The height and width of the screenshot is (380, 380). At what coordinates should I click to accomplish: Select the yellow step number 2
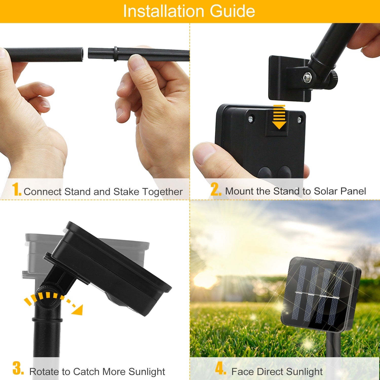[216, 189]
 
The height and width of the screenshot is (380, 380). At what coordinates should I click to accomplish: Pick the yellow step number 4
[220, 368]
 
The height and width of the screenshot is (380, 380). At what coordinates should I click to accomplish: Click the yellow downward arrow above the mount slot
[279, 117]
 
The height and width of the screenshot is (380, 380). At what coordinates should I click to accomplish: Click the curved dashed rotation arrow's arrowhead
[78, 310]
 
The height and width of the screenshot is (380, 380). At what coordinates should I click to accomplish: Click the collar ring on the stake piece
[116, 54]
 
